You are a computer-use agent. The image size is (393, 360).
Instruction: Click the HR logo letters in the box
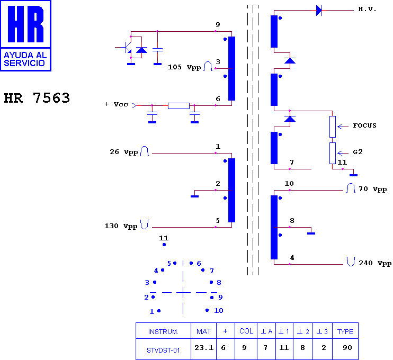pyautogui.click(x=26, y=24)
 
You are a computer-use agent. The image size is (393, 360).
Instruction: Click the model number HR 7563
pyautogui.click(x=37, y=98)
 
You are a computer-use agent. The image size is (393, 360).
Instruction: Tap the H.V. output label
pyautogui.click(x=367, y=10)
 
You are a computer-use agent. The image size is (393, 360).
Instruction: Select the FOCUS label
pyautogui.click(x=365, y=125)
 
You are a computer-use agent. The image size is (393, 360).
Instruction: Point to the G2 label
pyautogui.click(x=358, y=152)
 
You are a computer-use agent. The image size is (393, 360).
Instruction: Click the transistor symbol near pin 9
pyautogui.click(x=128, y=47)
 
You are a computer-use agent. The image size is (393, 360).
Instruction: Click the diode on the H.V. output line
pyautogui.click(x=319, y=10)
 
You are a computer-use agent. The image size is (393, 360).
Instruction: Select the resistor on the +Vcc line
pyautogui.click(x=178, y=106)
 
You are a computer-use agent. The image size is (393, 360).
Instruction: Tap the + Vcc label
pyautogui.click(x=117, y=104)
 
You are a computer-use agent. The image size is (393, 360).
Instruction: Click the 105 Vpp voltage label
pyautogui.click(x=184, y=67)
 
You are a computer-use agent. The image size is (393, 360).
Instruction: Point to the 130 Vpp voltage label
pyautogui.click(x=121, y=226)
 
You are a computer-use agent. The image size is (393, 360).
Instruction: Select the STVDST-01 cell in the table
pyautogui.click(x=163, y=350)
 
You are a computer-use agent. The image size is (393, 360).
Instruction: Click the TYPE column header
pyautogui.click(x=345, y=332)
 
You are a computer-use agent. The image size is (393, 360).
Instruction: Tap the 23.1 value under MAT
pyautogui.click(x=204, y=347)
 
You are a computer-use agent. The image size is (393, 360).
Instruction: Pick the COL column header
pyautogui.click(x=246, y=331)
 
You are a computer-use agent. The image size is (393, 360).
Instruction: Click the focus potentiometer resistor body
pyautogui.click(x=332, y=127)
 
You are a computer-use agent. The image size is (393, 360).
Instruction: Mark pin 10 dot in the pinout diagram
pyautogui.click(x=207, y=310)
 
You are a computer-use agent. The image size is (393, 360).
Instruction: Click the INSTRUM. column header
pyautogui.click(x=163, y=332)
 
